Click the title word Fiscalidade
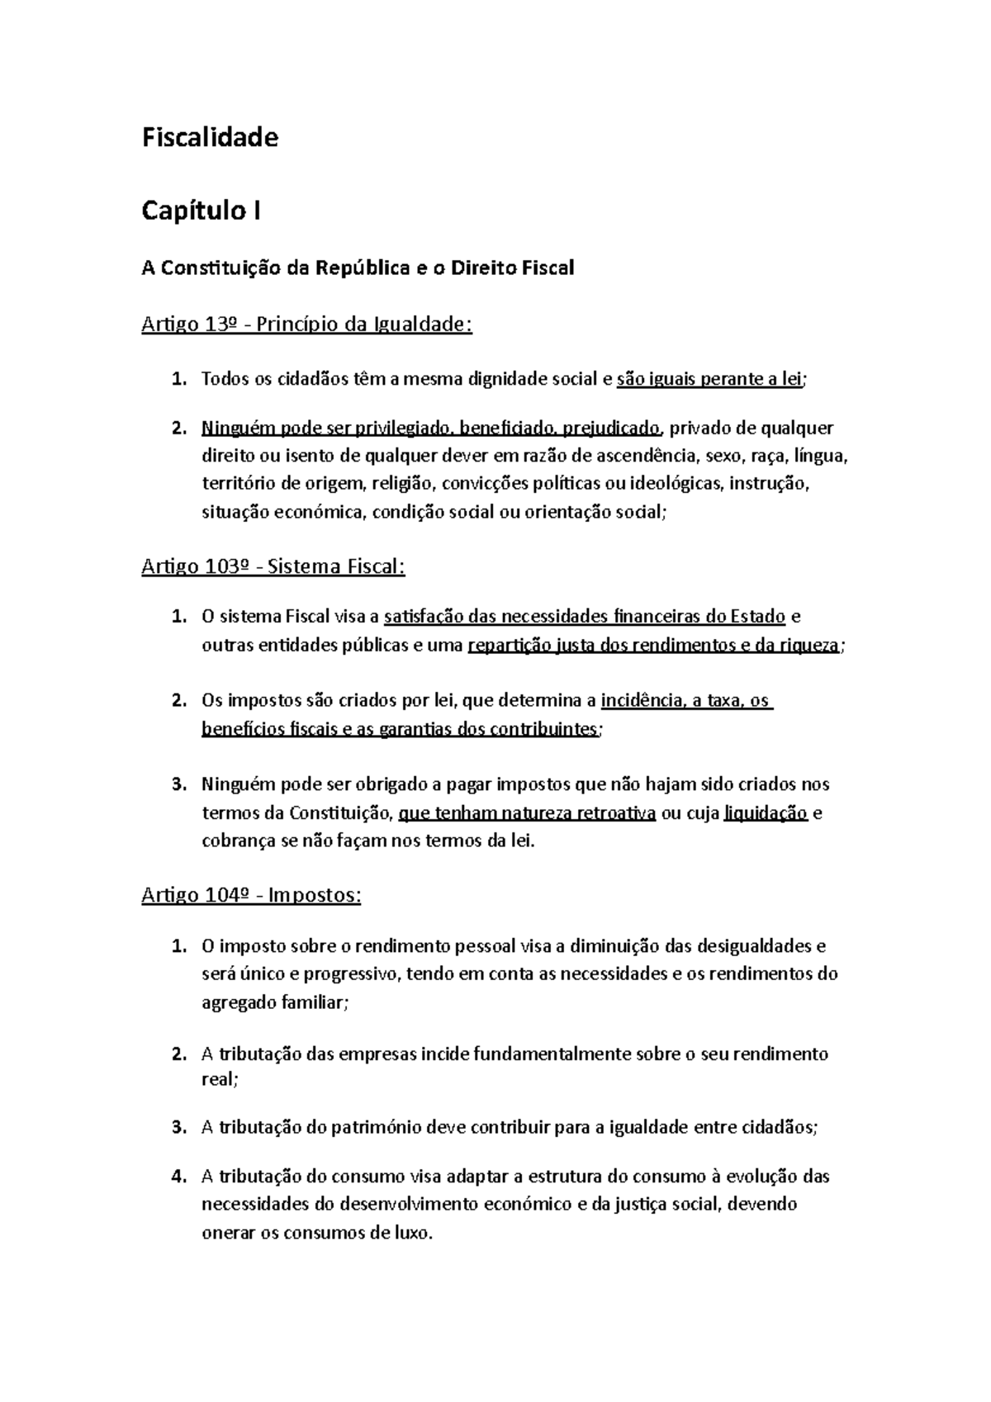coord(210,137)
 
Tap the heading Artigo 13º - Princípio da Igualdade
coord(306,324)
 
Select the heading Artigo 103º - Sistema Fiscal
coord(273,566)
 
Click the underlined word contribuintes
coord(543,729)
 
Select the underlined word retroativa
coord(615,813)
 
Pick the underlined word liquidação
coord(765,813)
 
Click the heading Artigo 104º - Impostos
coord(251,895)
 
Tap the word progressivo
coord(349,973)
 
